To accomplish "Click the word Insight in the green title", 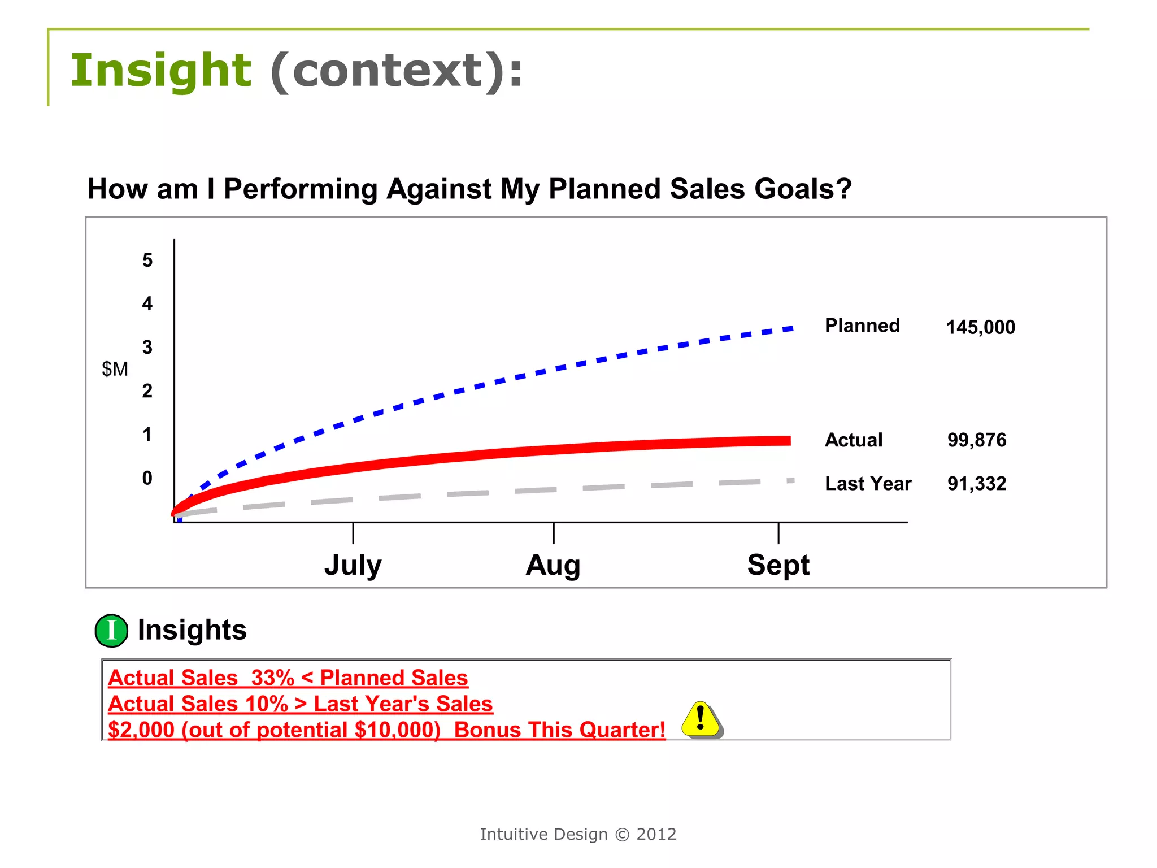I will [160, 71].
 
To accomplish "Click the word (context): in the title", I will [397, 71].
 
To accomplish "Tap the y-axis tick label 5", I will [147, 261].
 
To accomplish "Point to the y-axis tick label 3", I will [147, 348].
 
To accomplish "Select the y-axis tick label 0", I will [147, 478].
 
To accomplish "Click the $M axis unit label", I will [115, 369].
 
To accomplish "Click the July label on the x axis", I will [353, 565].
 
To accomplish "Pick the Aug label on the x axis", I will [553, 565].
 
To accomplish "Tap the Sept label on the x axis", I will [778, 565].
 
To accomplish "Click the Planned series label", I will [862, 326].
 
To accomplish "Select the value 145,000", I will [981, 327].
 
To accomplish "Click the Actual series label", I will [854, 440].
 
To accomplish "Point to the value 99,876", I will [977, 440].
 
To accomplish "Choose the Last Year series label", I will [868, 484].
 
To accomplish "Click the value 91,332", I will [977, 484].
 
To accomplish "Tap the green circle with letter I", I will [111, 631].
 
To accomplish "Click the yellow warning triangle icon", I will [702, 720].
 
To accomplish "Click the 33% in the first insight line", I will [273, 678].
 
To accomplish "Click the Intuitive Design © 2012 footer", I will [578, 834].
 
